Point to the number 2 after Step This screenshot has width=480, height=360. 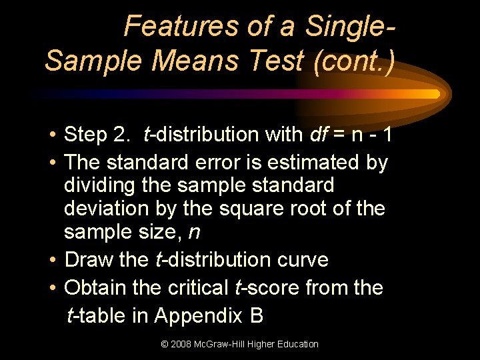121,135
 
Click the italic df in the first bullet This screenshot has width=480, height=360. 319,135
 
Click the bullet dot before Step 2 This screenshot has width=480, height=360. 51,135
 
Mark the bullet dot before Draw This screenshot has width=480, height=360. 51,260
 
